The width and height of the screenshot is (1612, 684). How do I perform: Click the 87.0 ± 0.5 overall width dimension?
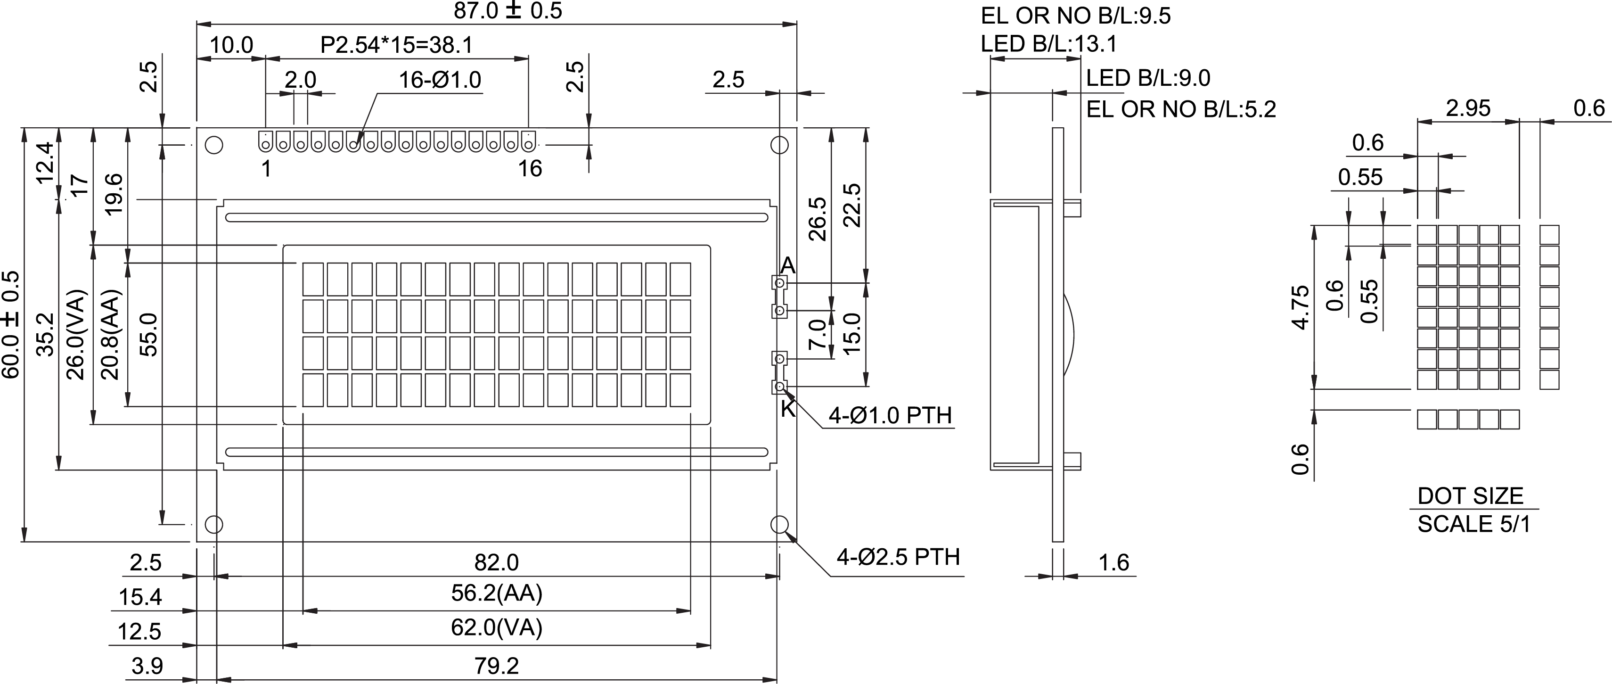(x=507, y=11)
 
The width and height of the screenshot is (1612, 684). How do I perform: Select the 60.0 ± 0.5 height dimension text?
(x=11, y=324)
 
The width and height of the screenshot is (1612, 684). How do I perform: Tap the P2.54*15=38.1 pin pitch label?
(x=396, y=45)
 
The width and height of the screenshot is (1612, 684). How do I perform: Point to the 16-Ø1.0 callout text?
(x=440, y=80)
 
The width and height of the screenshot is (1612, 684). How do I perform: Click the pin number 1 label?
(x=266, y=169)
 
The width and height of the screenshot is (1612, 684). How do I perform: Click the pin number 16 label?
(x=530, y=169)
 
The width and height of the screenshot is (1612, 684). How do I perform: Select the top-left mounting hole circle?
(x=214, y=145)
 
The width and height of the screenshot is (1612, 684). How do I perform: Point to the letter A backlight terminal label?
(x=788, y=265)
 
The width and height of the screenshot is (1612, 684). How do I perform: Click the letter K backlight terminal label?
(x=788, y=409)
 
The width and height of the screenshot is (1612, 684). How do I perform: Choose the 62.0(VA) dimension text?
(x=496, y=627)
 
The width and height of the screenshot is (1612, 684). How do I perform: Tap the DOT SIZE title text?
(x=1470, y=496)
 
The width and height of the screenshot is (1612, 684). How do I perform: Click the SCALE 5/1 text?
(x=1474, y=524)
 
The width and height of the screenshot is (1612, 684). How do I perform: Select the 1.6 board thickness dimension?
(x=1114, y=562)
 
